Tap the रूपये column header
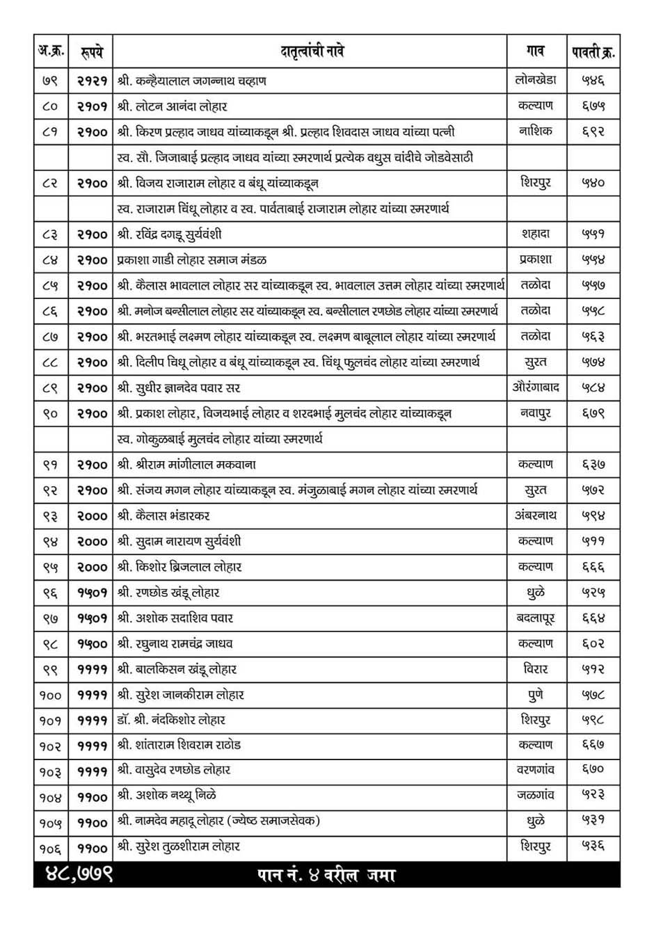92,51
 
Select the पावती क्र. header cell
593,51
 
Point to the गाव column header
536,51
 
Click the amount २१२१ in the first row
92,81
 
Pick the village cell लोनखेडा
536,80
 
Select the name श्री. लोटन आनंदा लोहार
173,106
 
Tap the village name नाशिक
536,131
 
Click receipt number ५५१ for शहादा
593,234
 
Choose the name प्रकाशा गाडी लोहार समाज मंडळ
192,260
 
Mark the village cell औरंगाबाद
536,387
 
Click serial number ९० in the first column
51,414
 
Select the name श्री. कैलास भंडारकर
164,516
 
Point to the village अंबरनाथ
536,515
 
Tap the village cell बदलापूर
536,618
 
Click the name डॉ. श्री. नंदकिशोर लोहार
172,720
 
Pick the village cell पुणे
536,694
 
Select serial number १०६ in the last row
51,848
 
